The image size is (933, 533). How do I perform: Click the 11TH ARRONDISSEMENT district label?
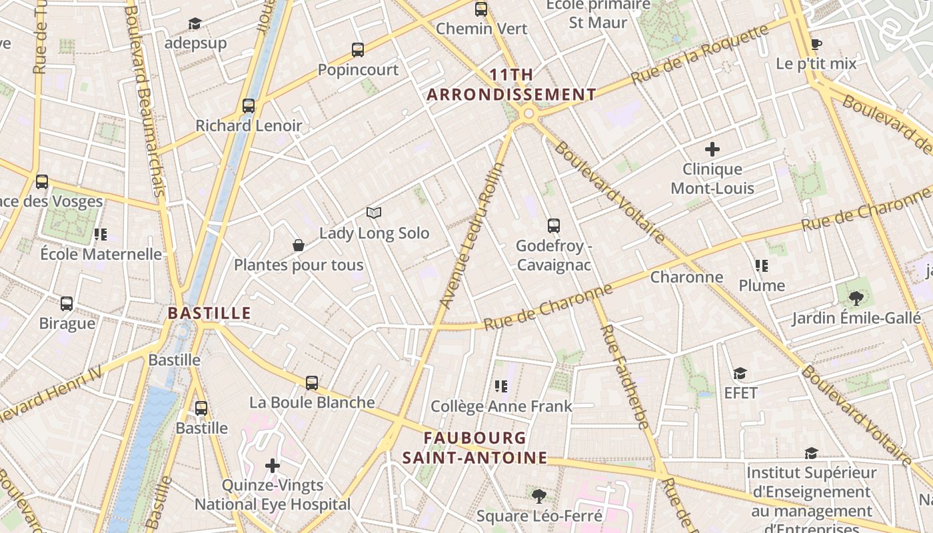(511, 85)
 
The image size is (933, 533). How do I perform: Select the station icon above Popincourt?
(358, 50)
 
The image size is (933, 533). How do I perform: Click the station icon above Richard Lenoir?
(249, 106)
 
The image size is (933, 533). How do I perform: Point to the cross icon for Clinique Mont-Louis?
(712, 149)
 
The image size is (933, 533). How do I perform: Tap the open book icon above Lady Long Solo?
(374, 213)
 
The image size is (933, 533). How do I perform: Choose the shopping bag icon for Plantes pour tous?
(299, 245)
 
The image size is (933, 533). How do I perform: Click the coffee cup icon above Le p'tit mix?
(816, 45)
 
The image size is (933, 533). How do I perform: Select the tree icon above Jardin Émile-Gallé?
(856, 298)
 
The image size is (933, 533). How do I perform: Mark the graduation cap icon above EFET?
(740, 373)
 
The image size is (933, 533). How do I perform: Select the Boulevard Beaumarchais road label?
(149, 100)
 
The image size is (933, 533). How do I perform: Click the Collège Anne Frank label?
(501, 406)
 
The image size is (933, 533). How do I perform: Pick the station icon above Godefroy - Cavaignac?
(553, 226)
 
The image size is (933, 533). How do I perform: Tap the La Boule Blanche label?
(312, 402)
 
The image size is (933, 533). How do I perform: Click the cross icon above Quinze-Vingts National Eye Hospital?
(273, 465)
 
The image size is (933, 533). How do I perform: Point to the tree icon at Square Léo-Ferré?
(538, 496)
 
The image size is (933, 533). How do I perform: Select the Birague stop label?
(67, 324)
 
